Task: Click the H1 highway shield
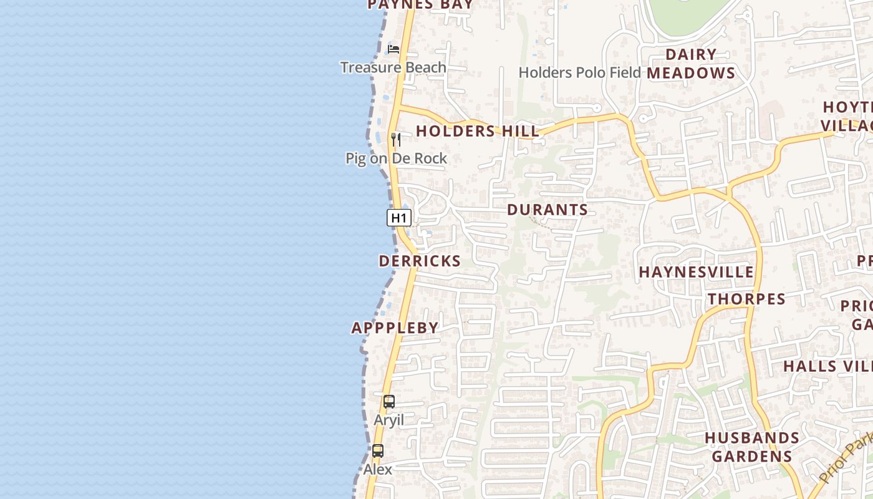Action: pos(399,218)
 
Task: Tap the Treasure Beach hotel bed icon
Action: pos(393,49)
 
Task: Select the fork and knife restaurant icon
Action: pos(396,139)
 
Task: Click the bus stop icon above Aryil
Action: pos(389,402)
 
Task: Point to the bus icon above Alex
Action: pos(378,451)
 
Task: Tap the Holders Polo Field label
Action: pos(579,72)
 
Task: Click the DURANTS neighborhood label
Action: pos(547,210)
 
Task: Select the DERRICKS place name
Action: pos(420,261)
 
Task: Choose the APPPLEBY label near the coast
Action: pos(395,327)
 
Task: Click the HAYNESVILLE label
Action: pos(697,272)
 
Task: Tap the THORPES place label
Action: pos(746,299)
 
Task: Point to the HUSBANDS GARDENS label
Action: pos(752,447)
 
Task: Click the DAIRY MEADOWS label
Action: pos(691,64)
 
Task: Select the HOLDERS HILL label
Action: pos(478,131)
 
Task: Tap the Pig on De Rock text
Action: pos(397,158)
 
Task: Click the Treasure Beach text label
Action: pos(393,67)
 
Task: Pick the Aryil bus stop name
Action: pos(388,420)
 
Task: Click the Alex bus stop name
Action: pos(378,469)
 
